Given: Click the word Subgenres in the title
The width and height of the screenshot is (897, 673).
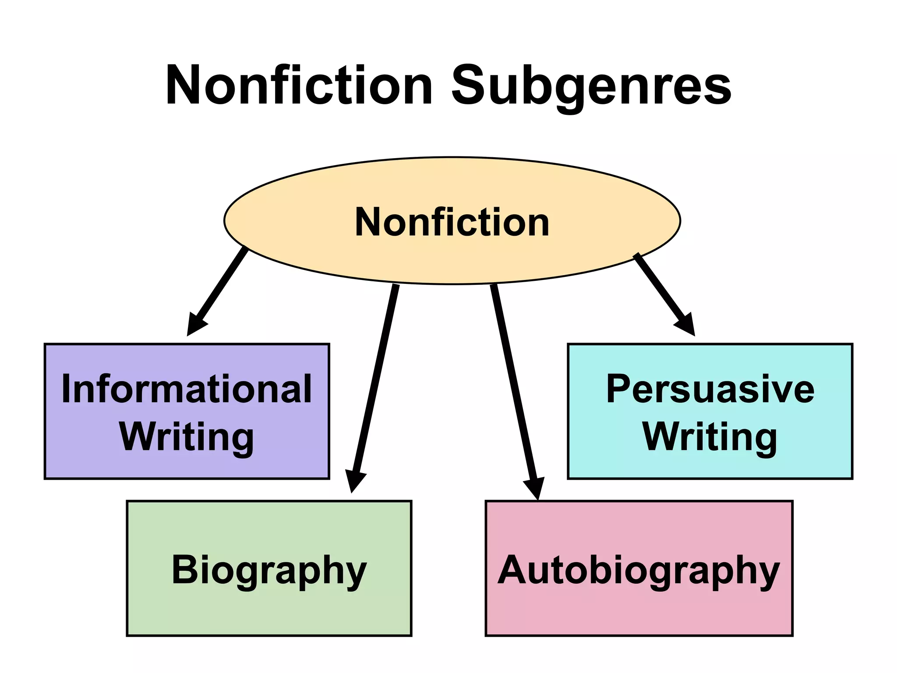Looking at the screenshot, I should click(591, 85).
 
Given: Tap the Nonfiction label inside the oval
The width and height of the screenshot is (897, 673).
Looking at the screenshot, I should click(452, 222).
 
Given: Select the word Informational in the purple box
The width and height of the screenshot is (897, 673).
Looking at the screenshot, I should click(187, 389).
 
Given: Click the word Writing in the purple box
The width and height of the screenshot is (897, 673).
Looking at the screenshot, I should click(187, 437).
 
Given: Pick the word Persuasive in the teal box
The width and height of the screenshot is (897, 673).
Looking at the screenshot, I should click(710, 389).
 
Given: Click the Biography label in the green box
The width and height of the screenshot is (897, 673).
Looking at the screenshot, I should click(269, 570).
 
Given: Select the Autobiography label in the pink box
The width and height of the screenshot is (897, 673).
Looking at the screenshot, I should click(639, 570).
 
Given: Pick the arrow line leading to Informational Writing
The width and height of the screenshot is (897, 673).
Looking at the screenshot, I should click(221, 285).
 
